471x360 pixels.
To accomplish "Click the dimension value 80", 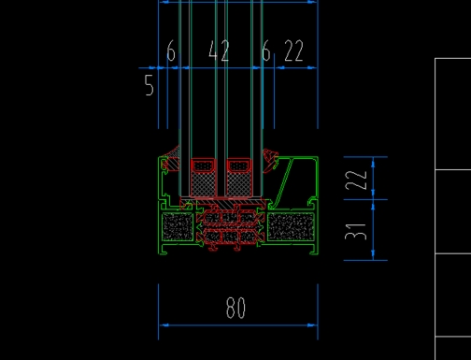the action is pyautogui.click(x=235, y=308).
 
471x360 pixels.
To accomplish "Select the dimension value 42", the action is pyautogui.click(x=219, y=50).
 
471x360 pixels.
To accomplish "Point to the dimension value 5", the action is pyautogui.click(x=150, y=85).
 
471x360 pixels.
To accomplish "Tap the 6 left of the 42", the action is pyautogui.click(x=171, y=50).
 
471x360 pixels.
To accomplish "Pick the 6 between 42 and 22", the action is pyautogui.click(x=266, y=50).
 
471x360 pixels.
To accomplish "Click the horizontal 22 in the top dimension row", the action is pyautogui.click(x=293, y=50).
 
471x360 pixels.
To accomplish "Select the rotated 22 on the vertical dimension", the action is pyautogui.click(x=356, y=180).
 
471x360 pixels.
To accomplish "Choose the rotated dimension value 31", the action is pyautogui.click(x=356, y=232).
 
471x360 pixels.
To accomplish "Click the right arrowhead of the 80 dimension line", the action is pyautogui.click(x=312, y=325).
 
